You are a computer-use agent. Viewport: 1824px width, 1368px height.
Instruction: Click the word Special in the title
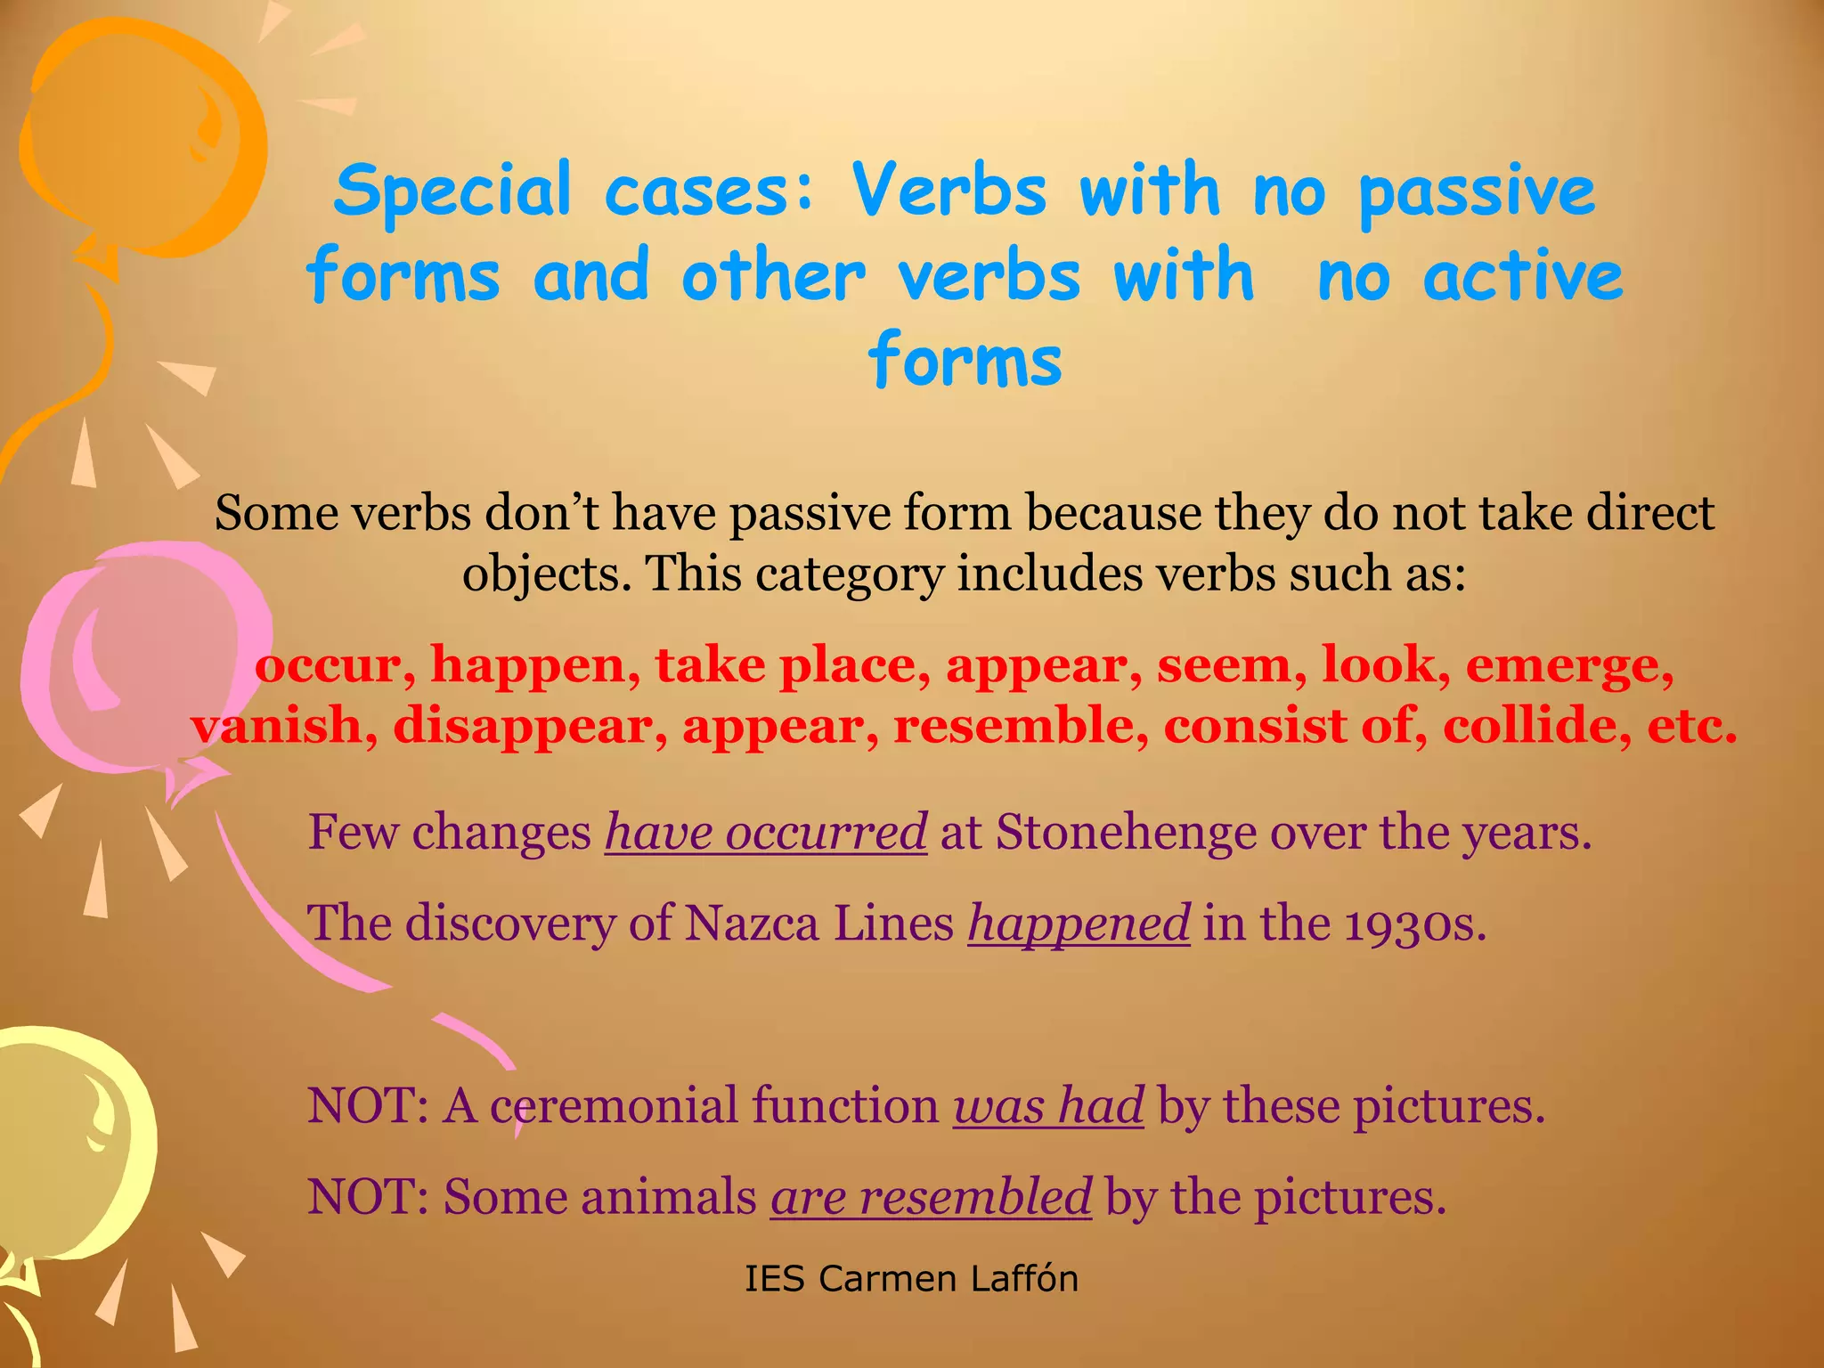[x=452, y=191]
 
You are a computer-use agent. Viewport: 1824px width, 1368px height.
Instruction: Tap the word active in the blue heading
[x=1523, y=276]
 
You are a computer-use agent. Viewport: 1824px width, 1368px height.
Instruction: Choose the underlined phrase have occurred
[x=766, y=833]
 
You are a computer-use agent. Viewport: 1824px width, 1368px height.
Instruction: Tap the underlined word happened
[x=1079, y=924]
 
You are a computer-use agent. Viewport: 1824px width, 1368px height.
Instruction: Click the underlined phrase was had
[x=1048, y=1106]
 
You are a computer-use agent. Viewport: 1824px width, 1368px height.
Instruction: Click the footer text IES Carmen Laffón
[x=911, y=1279]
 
